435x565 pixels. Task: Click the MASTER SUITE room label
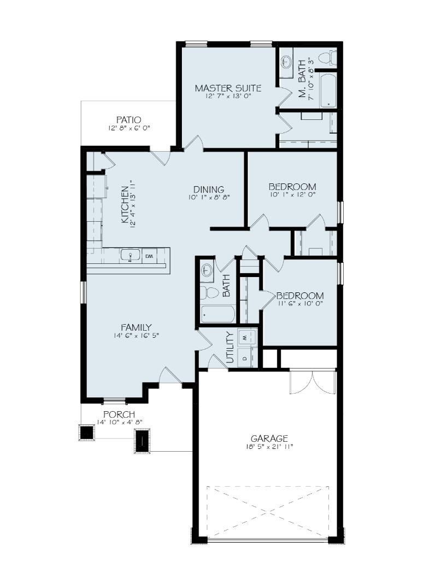pos(228,88)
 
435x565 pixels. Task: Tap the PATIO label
pos(128,120)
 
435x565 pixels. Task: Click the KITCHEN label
pos(125,204)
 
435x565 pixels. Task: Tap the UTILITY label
pos(230,348)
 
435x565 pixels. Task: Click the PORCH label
pos(119,414)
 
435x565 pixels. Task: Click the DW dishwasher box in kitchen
pos(149,256)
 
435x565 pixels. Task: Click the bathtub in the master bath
pos(327,90)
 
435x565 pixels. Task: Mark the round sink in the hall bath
pos(207,270)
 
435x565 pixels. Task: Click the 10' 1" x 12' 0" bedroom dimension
pos(292,195)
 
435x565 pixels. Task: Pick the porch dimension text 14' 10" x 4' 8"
pos(120,422)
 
